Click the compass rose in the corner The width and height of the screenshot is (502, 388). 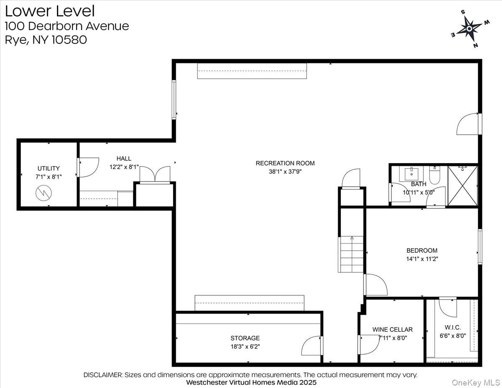coord(469,28)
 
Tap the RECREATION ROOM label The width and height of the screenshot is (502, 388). coord(285,163)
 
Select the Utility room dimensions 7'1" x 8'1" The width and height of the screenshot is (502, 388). coord(49,177)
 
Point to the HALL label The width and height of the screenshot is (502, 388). coord(124,158)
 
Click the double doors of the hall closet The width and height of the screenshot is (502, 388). coord(155,175)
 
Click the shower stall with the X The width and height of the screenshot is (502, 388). coord(462,185)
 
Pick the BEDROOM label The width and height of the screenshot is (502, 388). coord(422,250)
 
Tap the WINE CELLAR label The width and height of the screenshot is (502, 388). coord(392,329)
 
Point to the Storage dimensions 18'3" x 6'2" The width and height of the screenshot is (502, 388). coord(245,346)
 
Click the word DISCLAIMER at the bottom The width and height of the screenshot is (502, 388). coord(103,375)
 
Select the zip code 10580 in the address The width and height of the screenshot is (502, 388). coord(69,40)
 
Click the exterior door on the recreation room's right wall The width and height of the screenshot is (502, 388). coord(468,124)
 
